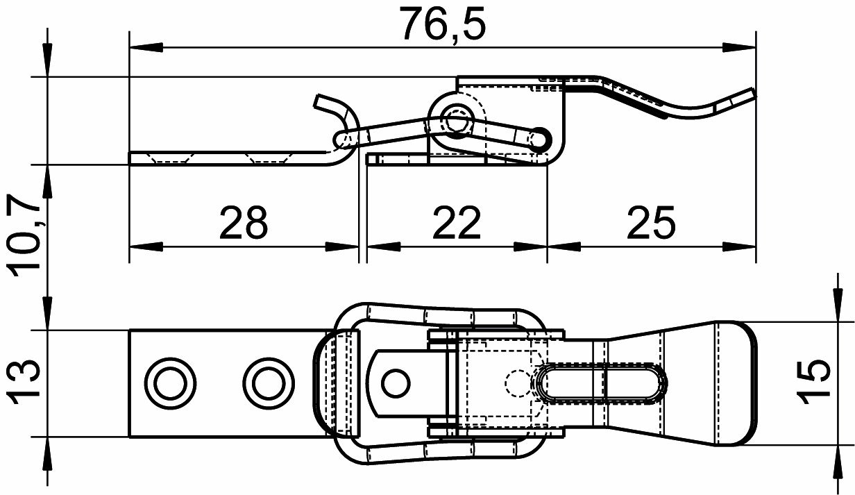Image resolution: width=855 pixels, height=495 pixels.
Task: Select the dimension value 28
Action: point(244,223)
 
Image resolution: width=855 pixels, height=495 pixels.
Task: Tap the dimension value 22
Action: point(457,223)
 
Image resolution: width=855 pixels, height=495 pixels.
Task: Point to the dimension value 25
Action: point(651,223)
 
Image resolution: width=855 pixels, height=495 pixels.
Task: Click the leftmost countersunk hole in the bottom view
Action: point(171,383)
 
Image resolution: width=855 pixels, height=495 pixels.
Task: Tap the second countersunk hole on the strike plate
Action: point(269,383)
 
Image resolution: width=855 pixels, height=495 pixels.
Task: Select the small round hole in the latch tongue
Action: point(396,383)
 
